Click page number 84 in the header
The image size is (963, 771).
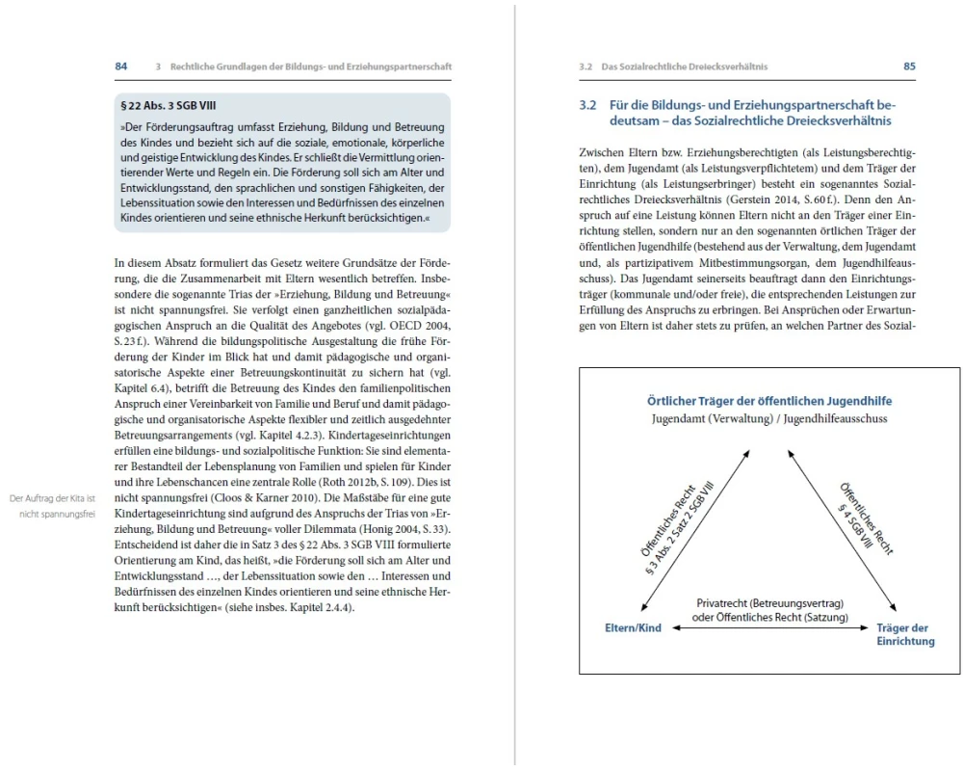(x=121, y=66)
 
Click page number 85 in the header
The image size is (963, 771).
(x=909, y=66)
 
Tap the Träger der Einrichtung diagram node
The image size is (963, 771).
(x=905, y=634)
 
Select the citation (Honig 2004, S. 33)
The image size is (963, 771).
(x=393, y=530)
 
